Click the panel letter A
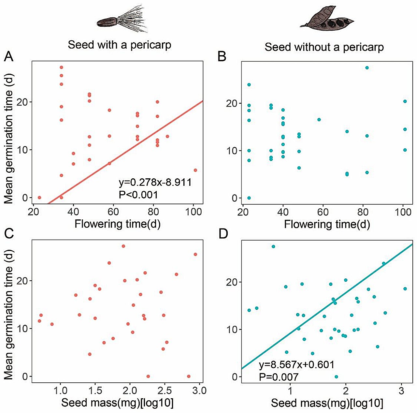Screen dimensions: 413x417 [x=9, y=56]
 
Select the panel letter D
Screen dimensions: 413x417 [x=223, y=234]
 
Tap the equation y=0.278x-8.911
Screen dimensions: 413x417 [x=155, y=182]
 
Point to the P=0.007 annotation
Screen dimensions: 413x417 [x=279, y=377]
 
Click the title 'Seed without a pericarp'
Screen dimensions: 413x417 [x=324, y=47]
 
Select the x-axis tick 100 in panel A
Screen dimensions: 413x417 [x=194, y=212]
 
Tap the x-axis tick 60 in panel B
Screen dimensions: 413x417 [x=323, y=212]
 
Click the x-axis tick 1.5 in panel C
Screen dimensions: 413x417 [x=95, y=390]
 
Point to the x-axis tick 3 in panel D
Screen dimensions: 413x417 [x=401, y=391]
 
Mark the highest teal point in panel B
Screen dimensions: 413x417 [x=367, y=68]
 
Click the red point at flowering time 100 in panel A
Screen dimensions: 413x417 [x=195, y=170]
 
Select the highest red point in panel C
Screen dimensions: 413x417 [x=123, y=246]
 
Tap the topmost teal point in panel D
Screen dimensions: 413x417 [x=273, y=246]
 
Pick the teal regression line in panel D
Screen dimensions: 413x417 [x=326, y=306]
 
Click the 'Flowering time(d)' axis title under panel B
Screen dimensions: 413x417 [x=327, y=224]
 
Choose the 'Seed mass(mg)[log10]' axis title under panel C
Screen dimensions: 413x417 [x=117, y=403]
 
